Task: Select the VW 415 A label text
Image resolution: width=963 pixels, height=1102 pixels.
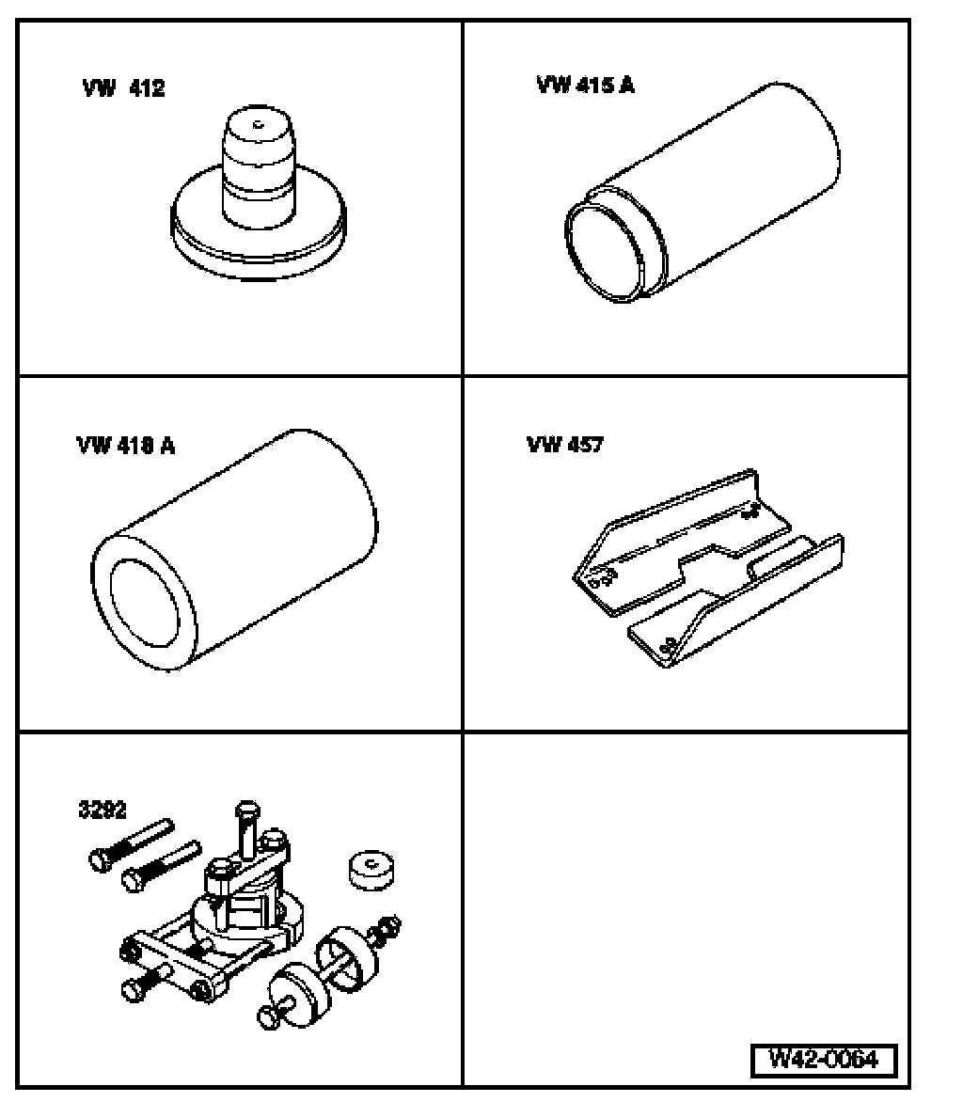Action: coord(585,86)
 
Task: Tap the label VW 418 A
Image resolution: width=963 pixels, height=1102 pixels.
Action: coord(125,446)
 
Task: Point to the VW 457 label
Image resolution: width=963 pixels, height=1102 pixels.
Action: coord(564,445)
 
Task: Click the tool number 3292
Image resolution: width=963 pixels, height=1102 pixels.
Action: coord(103,808)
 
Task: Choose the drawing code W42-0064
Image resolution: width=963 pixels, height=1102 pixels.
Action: coord(823,1059)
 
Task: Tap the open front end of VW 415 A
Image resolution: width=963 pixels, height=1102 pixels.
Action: coord(603,251)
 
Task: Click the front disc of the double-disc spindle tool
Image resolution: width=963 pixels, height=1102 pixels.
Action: coord(292,990)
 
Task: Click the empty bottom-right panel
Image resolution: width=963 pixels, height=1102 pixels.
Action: coord(687,893)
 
